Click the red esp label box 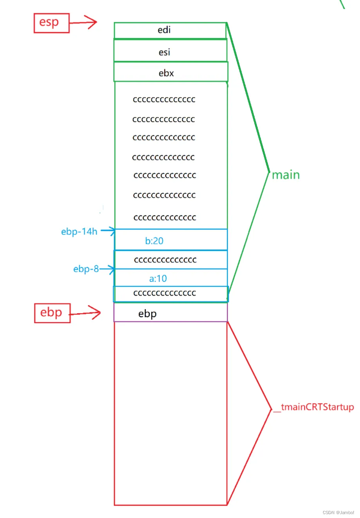click(x=51, y=23)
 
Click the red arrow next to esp click(x=83, y=22)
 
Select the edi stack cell click(x=170, y=30)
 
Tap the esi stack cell click(x=170, y=52)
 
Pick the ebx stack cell click(x=170, y=73)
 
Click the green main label click(x=286, y=175)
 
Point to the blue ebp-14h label click(x=79, y=231)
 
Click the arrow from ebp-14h click(x=108, y=231)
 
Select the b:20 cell click(x=170, y=240)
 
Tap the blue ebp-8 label click(x=86, y=269)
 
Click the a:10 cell click(x=170, y=278)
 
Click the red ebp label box click(x=52, y=313)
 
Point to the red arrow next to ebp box click(x=86, y=313)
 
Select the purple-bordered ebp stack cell click(x=170, y=313)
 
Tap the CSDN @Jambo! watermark click(x=338, y=512)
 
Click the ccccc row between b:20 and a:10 click(x=165, y=260)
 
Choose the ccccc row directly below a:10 click(x=165, y=293)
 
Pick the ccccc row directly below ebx click(x=164, y=99)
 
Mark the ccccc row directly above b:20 click(x=165, y=217)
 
